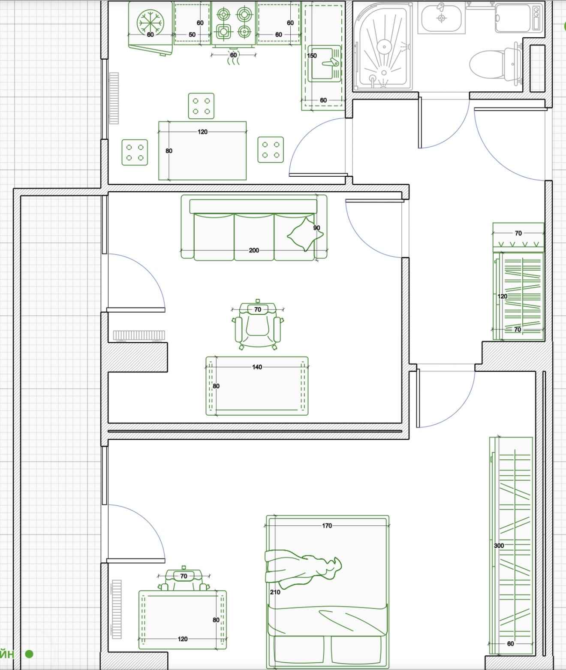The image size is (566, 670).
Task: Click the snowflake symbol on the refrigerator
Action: pyautogui.click(x=150, y=23)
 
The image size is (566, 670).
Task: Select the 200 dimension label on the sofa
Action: pyautogui.click(x=254, y=250)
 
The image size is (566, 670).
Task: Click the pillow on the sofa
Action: pyautogui.click(x=305, y=234)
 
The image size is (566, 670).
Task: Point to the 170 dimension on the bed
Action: pyautogui.click(x=327, y=525)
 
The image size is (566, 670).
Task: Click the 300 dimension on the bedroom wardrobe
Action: pyautogui.click(x=499, y=546)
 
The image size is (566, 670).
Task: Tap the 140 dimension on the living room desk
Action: pyautogui.click(x=257, y=367)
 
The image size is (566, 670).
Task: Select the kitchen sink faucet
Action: pyautogui.click(x=331, y=62)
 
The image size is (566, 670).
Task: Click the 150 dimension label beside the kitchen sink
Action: pyautogui.click(x=312, y=55)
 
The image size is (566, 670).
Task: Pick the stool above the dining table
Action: pyautogui.click(x=201, y=106)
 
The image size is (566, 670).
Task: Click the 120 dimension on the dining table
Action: pyautogui.click(x=202, y=132)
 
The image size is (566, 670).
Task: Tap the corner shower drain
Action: pyautogui.click(x=384, y=46)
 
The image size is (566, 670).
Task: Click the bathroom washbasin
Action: pyautogui.click(x=442, y=18)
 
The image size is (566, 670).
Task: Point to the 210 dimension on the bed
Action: pyautogui.click(x=275, y=592)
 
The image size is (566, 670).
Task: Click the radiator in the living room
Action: pyautogui.click(x=139, y=336)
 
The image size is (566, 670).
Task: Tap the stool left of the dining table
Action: pyautogui.click(x=135, y=152)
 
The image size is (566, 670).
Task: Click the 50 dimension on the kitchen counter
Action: pyautogui.click(x=192, y=35)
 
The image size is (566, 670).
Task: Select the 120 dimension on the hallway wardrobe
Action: pyautogui.click(x=503, y=296)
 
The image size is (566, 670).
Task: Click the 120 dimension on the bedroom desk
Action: pyautogui.click(x=183, y=639)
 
